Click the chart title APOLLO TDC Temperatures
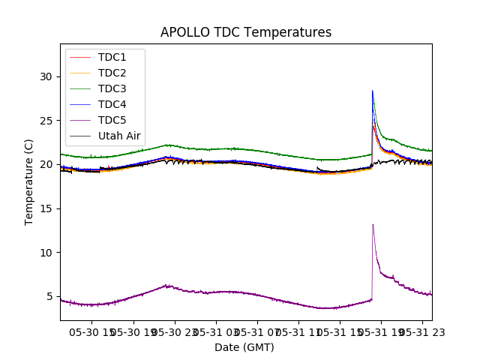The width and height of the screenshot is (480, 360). (x=245, y=32)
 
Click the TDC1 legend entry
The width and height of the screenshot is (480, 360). (x=112, y=57)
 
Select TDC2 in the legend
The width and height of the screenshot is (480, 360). (x=112, y=73)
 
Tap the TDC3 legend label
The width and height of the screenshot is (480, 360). (x=112, y=88)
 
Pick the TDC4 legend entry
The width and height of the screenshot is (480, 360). (x=112, y=104)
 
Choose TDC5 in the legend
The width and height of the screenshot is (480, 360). (x=112, y=120)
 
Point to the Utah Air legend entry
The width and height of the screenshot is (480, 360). (x=119, y=136)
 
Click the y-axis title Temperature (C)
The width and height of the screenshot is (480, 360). (x=29, y=181)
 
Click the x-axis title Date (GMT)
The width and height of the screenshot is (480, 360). (x=244, y=347)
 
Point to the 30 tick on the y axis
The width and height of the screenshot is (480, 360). (x=46, y=76)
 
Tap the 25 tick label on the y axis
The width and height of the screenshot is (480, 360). (x=46, y=121)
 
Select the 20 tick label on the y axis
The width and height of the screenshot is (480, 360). (x=46, y=164)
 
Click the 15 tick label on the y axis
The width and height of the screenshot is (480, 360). (x=46, y=208)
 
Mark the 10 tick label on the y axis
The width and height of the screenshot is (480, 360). (x=46, y=252)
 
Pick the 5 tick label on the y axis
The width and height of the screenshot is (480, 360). (x=49, y=296)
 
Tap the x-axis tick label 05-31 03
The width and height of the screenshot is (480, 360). (x=217, y=332)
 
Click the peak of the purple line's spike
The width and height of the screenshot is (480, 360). (x=373, y=224)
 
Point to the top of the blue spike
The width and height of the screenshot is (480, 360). (x=373, y=91)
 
